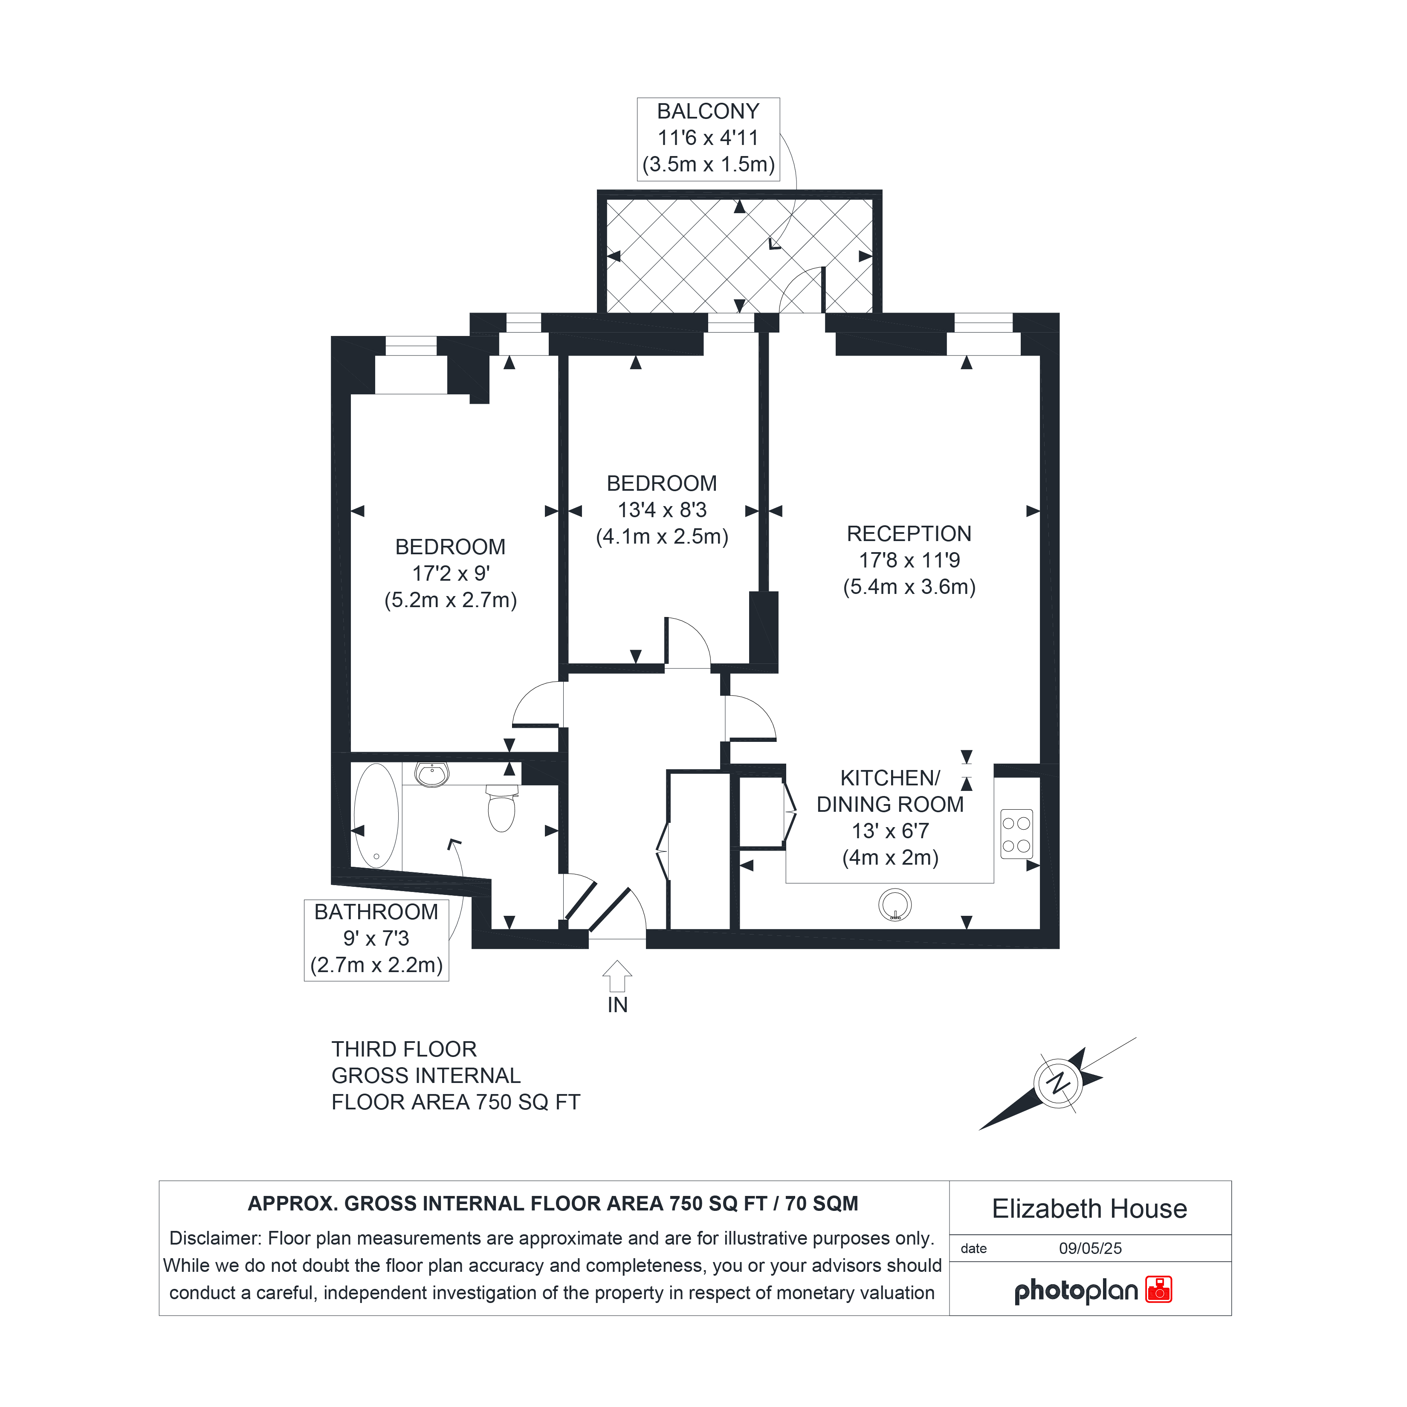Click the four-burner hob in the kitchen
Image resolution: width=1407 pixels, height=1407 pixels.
[x=1016, y=834]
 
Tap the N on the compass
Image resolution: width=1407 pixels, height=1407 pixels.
[x=1058, y=1083]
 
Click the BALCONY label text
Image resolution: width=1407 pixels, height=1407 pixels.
[x=708, y=111]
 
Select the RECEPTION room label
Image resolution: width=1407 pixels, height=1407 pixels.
[x=909, y=534]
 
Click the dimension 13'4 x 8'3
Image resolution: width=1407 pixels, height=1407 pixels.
[x=662, y=510]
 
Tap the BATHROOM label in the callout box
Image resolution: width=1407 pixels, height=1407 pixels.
[x=376, y=912]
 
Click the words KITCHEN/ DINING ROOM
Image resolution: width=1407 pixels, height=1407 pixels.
[x=890, y=791]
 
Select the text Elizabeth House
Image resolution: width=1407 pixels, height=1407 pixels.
[x=1089, y=1209]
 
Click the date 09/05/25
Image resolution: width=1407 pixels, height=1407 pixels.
[x=1090, y=1248]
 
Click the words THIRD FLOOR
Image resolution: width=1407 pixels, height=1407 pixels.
[x=404, y=1049]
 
